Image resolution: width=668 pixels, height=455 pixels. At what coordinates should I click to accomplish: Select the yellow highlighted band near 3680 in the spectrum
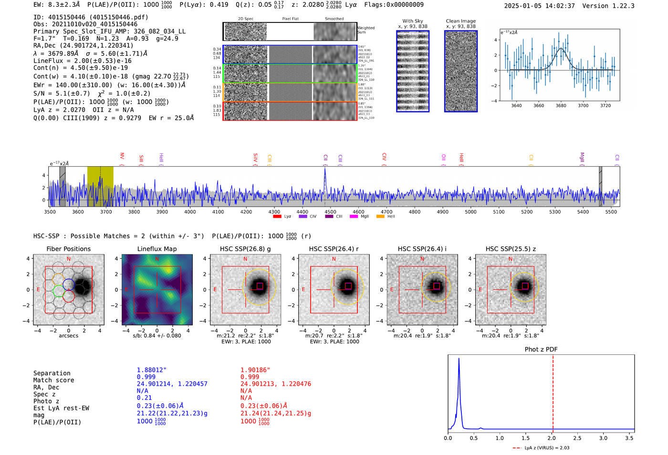(x=100, y=186)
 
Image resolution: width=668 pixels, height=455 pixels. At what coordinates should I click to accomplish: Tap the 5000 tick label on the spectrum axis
(x=470, y=212)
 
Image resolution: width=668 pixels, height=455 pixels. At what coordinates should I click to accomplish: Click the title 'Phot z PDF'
(x=541, y=349)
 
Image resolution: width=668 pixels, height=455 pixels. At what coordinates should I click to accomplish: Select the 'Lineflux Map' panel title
(x=157, y=249)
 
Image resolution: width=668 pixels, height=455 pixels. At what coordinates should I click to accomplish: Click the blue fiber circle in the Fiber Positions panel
(x=69, y=284)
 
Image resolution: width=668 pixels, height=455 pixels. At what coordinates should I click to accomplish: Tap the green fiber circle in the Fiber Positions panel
(x=59, y=290)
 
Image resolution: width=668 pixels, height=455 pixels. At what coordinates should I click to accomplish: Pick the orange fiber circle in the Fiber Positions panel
(x=59, y=278)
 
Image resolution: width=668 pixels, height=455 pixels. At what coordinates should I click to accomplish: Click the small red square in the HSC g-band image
(x=260, y=286)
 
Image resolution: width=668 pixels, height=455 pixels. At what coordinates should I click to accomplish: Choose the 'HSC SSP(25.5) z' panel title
(x=511, y=249)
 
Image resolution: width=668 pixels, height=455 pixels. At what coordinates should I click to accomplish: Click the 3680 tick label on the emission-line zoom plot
(x=561, y=106)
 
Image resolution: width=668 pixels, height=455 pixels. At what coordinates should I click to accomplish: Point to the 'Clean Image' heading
(x=460, y=21)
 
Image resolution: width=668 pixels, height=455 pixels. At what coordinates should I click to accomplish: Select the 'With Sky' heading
(x=413, y=21)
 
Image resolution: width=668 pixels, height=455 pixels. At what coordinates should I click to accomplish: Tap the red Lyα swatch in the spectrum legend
(x=277, y=217)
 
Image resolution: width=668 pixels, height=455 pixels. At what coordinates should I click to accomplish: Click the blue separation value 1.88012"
(x=152, y=370)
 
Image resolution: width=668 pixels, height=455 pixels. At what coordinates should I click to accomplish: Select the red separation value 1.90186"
(x=255, y=370)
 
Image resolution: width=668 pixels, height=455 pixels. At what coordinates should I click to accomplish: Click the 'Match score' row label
(x=54, y=381)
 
